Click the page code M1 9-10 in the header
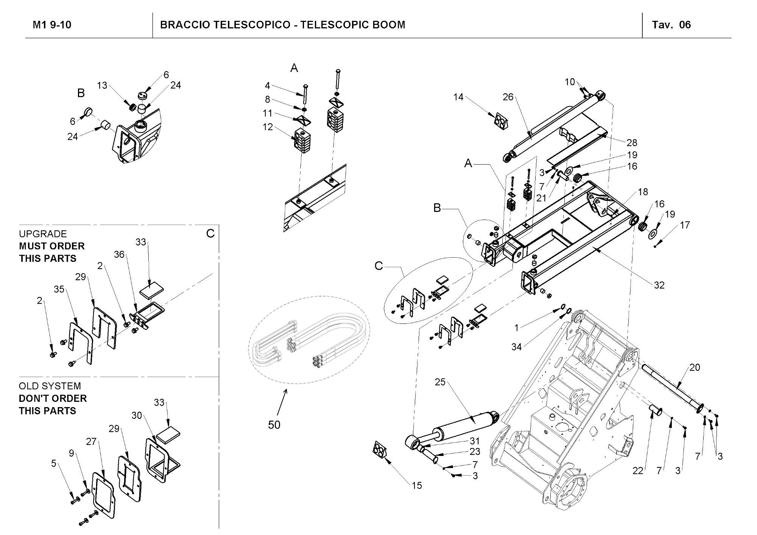point(52,25)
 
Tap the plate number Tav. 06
point(671,25)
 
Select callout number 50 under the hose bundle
point(274,425)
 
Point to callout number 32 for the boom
point(659,285)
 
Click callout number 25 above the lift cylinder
point(440,382)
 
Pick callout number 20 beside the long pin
point(695,367)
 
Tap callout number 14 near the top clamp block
point(458,97)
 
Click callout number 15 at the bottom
point(417,485)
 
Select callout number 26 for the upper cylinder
point(508,97)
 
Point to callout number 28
point(632,143)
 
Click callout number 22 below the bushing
point(638,471)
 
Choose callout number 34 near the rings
point(517,347)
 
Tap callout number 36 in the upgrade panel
point(119,255)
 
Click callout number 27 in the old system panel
point(91,442)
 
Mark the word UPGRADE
point(43,234)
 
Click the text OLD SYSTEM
point(50,386)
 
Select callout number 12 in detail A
point(268,127)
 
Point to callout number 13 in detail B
point(102,86)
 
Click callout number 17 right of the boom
point(685,225)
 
